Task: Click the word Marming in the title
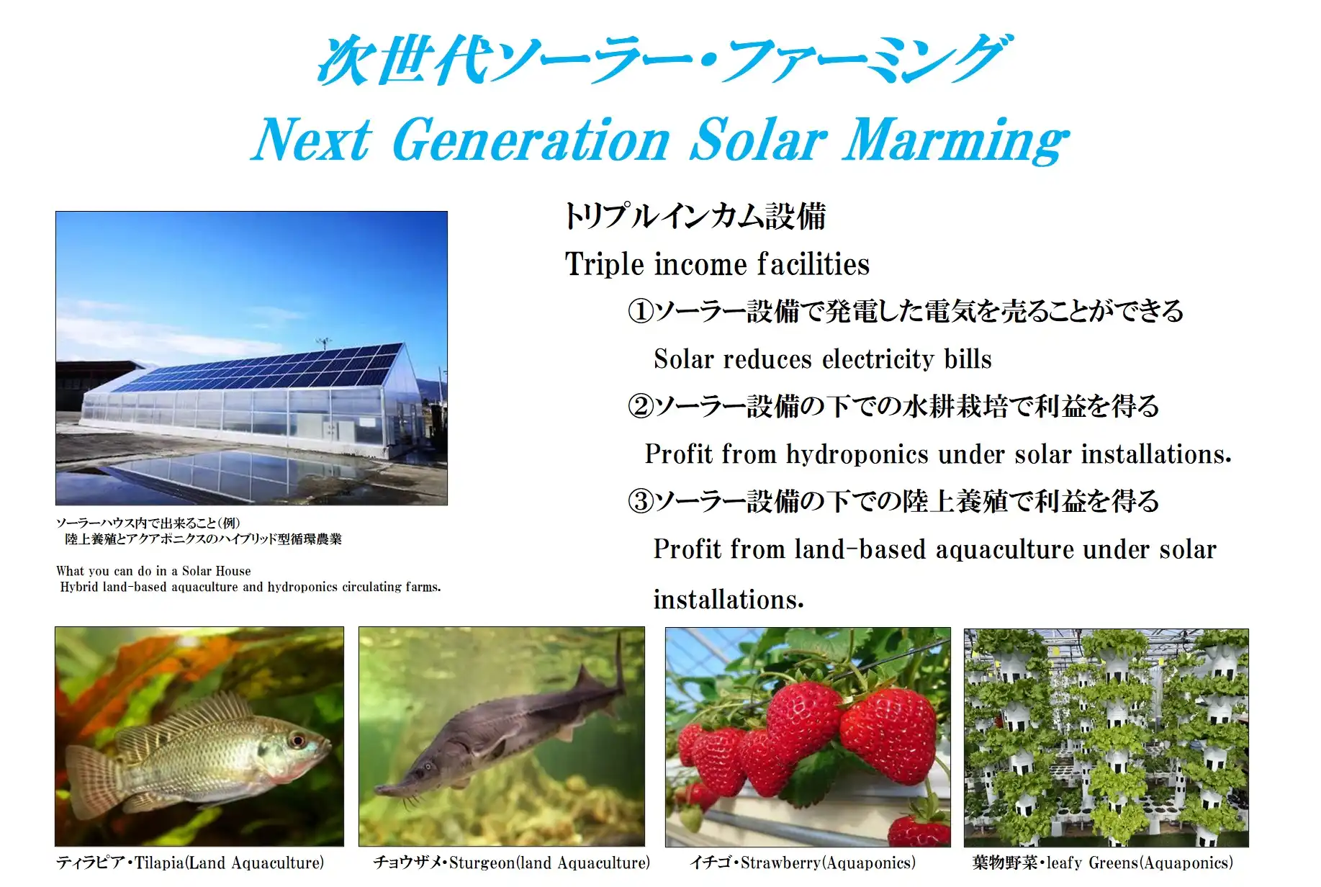(x=956, y=140)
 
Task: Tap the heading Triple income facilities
(x=717, y=264)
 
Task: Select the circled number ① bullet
(x=640, y=311)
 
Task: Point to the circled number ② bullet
(x=640, y=406)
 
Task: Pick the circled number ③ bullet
(x=640, y=501)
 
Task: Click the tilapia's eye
(x=296, y=740)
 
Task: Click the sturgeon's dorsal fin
(x=590, y=680)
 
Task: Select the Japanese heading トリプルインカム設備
(x=695, y=216)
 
